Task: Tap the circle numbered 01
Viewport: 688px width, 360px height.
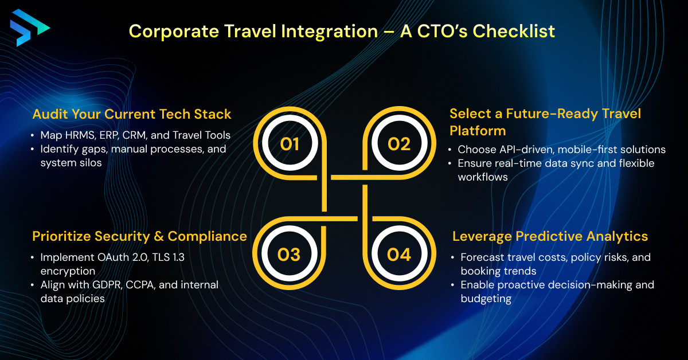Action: [x=290, y=144]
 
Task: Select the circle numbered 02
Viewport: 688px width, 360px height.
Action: [x=399, y=144]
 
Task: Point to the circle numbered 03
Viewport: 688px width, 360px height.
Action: [x=290, y=254]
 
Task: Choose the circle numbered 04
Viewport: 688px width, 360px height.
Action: [x=399, y=254]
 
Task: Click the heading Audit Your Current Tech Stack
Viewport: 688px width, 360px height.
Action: [x=132, y=114]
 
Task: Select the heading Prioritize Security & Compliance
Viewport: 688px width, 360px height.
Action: [x=139, y=236]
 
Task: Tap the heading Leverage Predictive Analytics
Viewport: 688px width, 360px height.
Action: [x=550, y=236]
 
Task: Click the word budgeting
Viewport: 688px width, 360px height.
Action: [x=486, y=298]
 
